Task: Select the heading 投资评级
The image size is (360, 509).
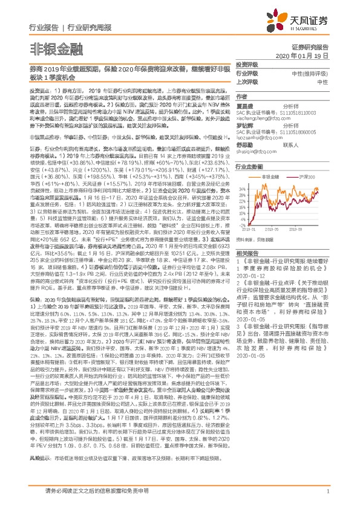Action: click(247, 63)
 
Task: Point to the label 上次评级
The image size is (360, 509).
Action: click(247, 81)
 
